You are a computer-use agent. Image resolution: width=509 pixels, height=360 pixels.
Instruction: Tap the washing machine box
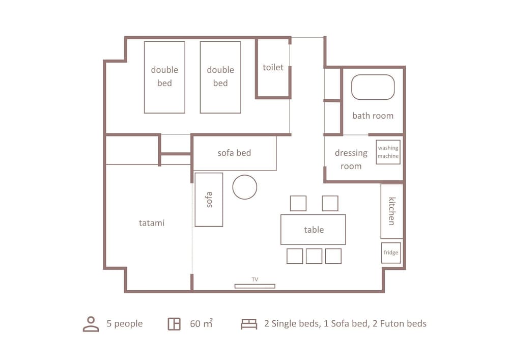[388, 152]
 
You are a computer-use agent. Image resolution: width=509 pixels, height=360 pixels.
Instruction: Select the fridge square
[391, 253]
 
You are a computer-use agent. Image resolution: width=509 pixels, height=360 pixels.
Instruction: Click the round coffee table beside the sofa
[245, 187]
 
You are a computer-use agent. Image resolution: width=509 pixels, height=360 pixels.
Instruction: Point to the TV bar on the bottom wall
[255, 286]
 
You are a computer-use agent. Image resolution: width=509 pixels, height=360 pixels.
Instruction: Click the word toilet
[273, 67]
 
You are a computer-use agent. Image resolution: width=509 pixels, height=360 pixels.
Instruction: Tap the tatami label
[152, 223]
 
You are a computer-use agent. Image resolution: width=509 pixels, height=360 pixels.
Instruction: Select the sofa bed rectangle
[234, 153]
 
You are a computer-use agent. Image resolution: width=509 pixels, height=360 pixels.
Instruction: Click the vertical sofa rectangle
[209, 200]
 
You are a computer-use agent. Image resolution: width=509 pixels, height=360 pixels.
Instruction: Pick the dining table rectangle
[313, 230]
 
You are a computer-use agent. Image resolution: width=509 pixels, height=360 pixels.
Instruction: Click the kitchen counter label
[392, 211]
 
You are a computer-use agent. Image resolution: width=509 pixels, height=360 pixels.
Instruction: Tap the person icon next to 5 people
[91, 324]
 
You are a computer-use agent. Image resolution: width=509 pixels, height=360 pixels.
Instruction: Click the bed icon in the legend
[249, 324]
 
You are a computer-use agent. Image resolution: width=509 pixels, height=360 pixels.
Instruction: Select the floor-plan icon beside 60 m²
[174, 324]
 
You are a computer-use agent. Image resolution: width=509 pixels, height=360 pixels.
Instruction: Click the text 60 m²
[201, 323]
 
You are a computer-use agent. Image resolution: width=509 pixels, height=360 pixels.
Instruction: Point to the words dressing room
[351, 159]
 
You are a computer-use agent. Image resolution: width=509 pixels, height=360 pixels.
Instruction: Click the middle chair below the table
[314, 256]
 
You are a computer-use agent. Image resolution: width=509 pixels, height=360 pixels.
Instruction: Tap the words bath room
[373, 116]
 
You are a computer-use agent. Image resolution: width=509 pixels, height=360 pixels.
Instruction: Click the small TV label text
[255, 280]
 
